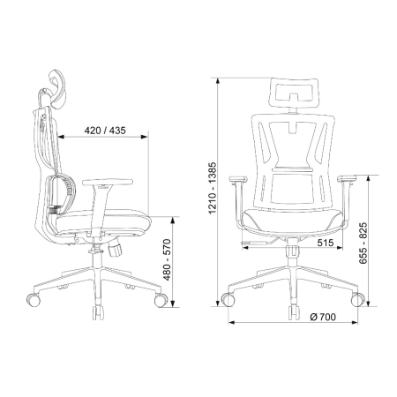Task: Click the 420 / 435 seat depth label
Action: (105, 131)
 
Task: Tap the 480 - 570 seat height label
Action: (167, 259)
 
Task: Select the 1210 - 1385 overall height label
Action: (212, 187)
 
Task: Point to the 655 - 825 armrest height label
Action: (363, 243)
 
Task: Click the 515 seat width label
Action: (326, 243)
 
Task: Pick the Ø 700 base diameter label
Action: (323, 317)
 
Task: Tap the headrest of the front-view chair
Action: (294, 93)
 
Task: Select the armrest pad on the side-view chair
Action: (108, 183)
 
